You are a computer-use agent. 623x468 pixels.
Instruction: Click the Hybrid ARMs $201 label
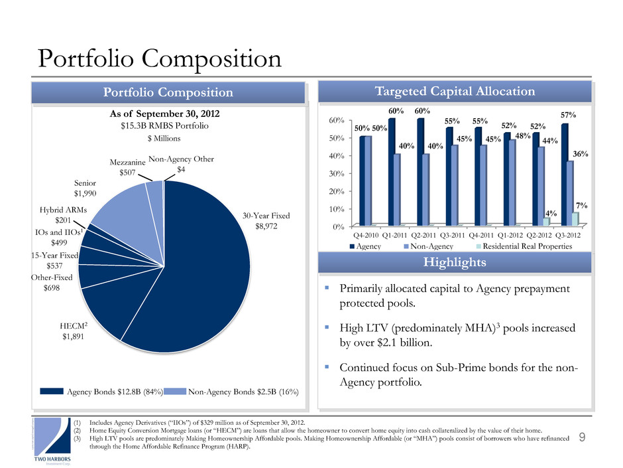click(59, 214)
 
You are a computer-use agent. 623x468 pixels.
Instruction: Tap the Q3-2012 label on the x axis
click(571, 234)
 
